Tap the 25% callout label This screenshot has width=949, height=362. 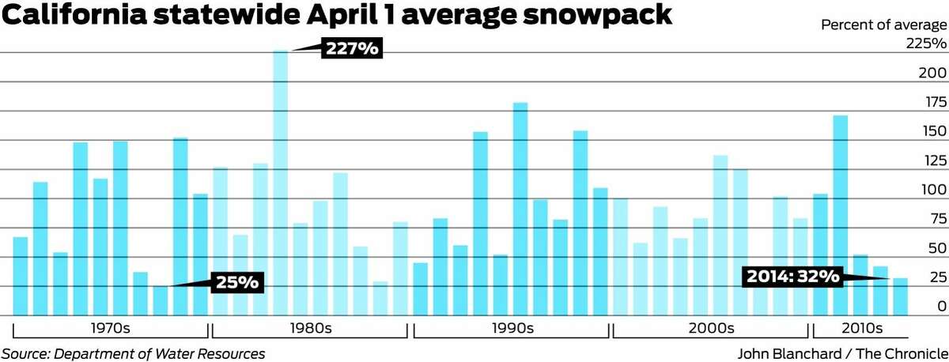point(236,281)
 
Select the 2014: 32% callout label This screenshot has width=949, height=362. point(792,277)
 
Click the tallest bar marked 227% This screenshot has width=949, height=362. point(281,182)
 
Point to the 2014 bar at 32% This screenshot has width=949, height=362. point(900,296)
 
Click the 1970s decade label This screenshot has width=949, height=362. point(111,328)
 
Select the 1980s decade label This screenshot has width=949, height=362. point(311,328)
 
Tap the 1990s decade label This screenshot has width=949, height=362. point(512,328)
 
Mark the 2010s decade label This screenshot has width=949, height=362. point(862,328)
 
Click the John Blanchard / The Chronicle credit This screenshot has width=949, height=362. point(841,353)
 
